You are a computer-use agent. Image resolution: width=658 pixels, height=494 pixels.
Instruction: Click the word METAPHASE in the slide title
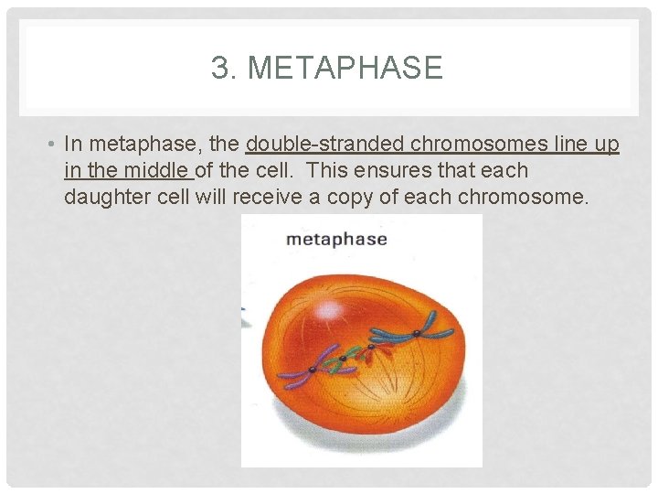(x=345, y=69)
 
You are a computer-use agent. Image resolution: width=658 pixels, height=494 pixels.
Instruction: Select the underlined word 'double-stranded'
(x=325, y=145)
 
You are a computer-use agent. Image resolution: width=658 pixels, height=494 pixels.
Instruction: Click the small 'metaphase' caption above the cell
(x=336, y=240)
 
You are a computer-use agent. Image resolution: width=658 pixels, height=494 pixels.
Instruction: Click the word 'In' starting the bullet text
(x=74, y=145)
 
